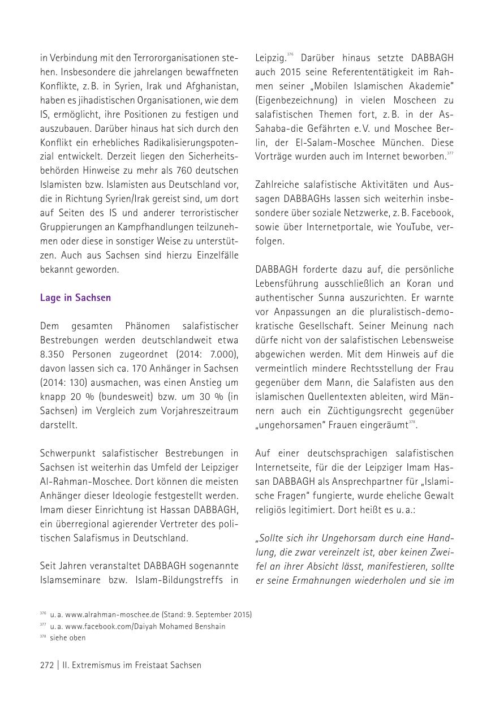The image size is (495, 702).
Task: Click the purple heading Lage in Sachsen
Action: pos(75,298)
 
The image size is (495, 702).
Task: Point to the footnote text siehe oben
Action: pos(68,638)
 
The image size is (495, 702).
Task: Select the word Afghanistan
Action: pos(210,86)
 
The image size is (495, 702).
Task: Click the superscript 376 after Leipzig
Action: pos(290,55)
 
